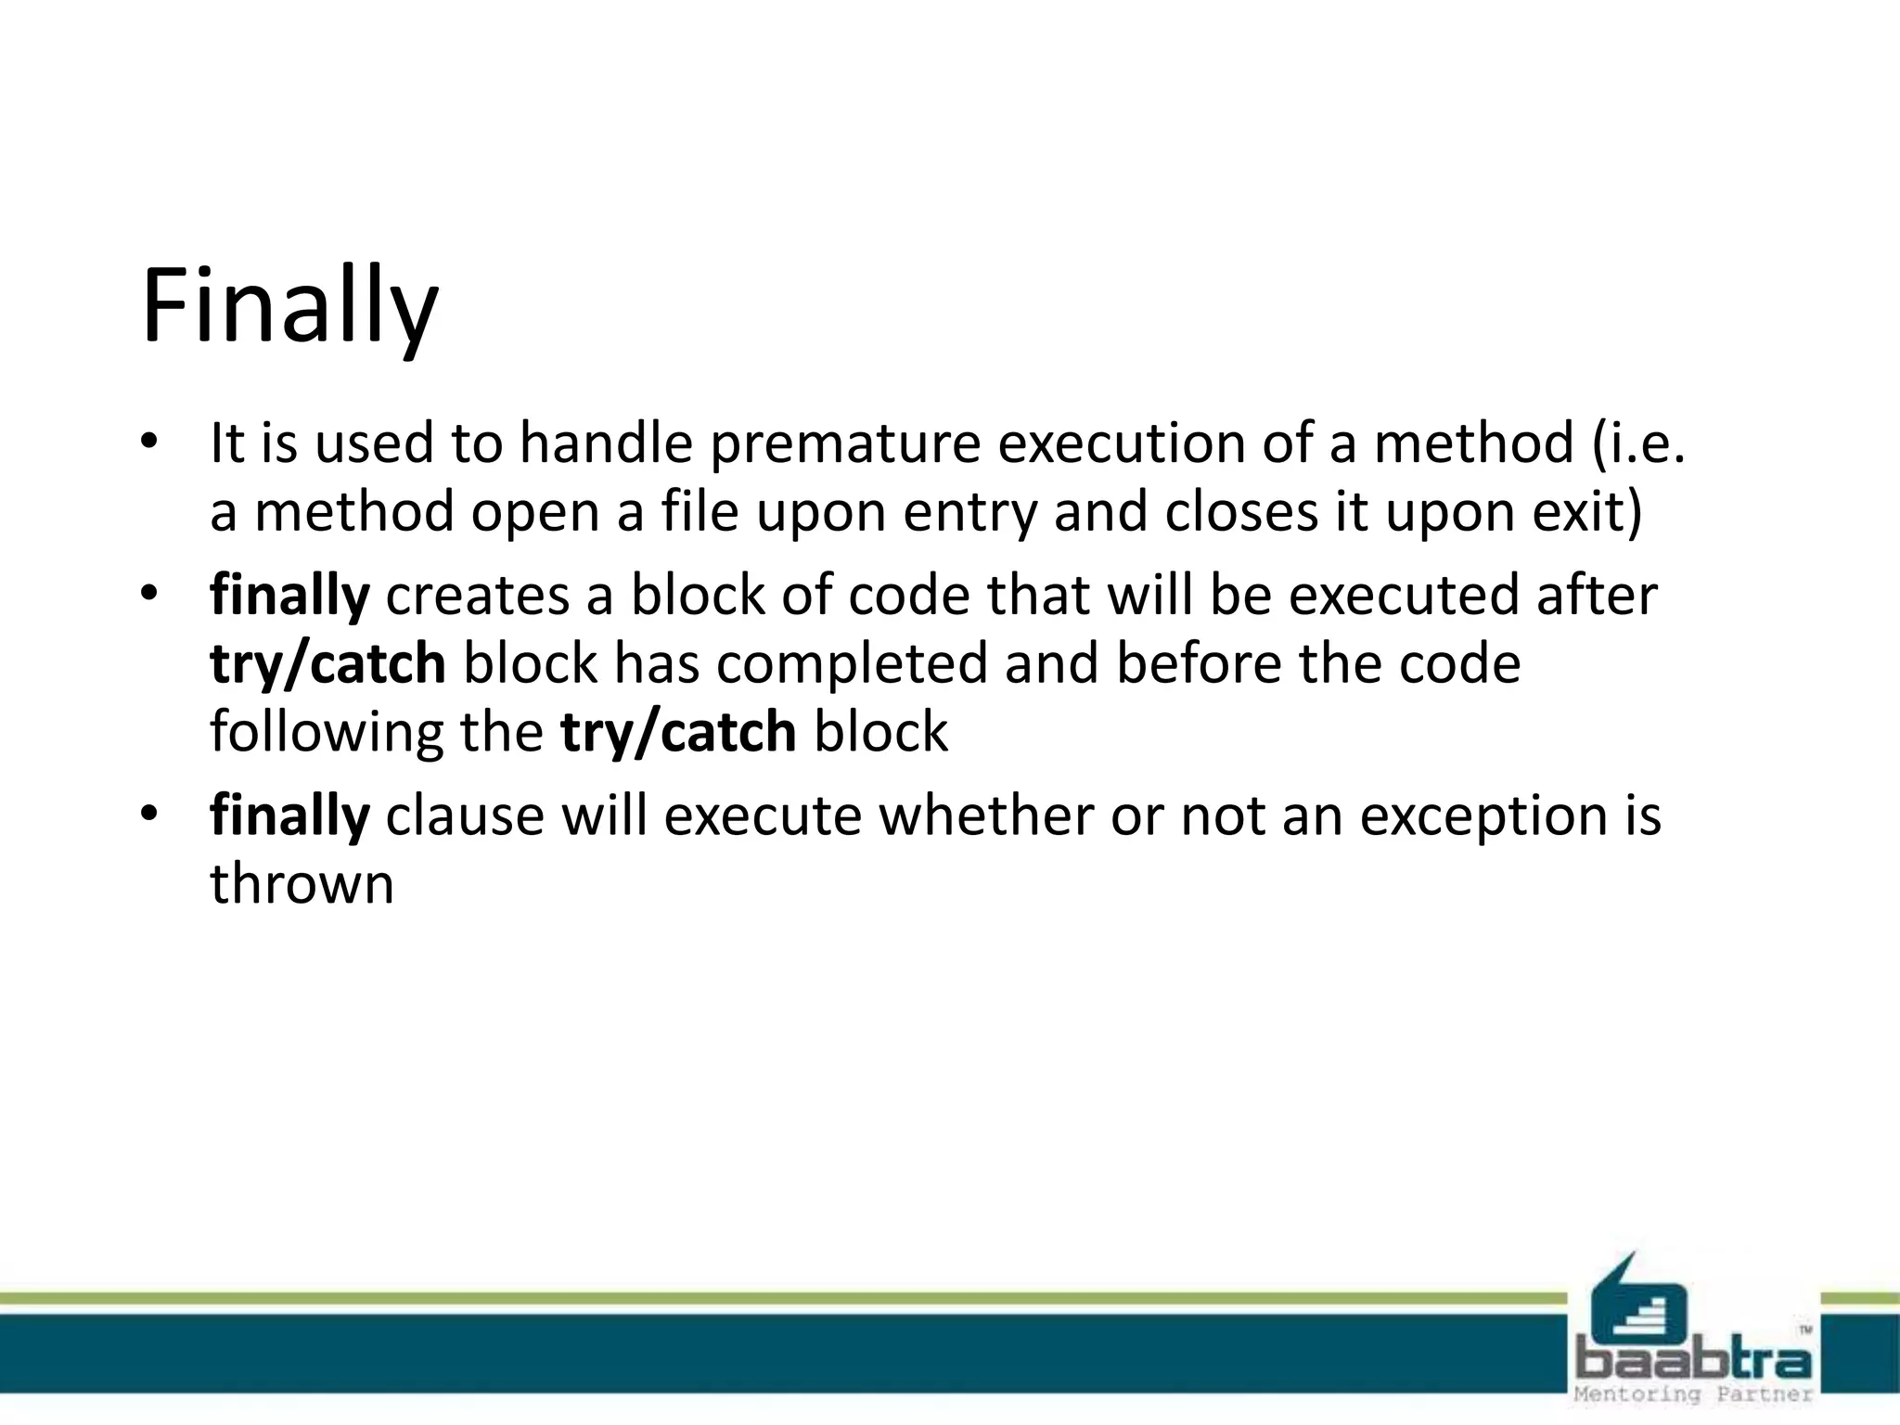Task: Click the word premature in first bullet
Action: click(x=845, y=443)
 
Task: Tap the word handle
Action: click(x=606, y=443)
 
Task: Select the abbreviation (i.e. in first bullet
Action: click(x=1637, y=443)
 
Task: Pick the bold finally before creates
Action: click(x=289, y=596)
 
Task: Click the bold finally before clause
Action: click(x=289, y=816)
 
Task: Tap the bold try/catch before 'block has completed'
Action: click(x=327, y=664)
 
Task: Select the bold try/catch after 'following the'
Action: click(x=678, y=733)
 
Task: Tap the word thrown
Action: click(x=302, y=884)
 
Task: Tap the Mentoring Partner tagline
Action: click(x=1693, y=1394)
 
